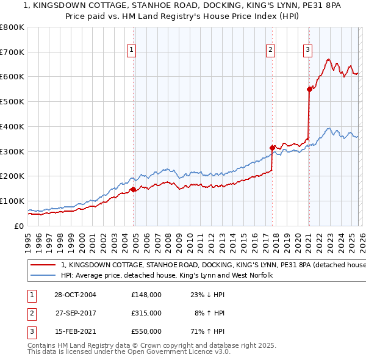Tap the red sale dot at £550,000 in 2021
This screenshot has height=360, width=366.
click(x=309, y=89)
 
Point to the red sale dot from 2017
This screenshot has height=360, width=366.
click(x=273, y=147)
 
